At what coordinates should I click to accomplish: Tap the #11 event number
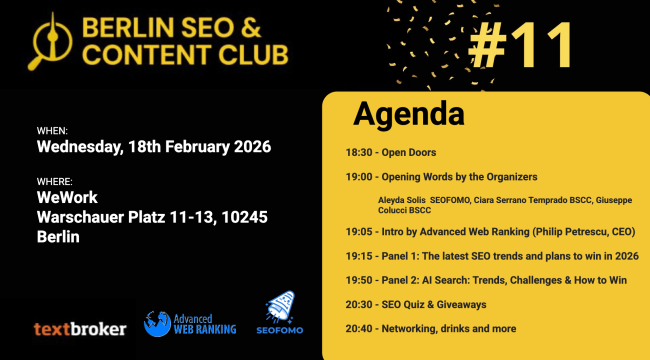[521, 45]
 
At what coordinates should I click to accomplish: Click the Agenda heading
[409, 114]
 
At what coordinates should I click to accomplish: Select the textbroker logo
[80, 329]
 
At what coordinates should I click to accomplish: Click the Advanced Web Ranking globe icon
[157, 324]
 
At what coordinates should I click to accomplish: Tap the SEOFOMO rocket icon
[281, 307]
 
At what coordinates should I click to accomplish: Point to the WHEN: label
[52, 131]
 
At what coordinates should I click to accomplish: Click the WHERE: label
[55, 182]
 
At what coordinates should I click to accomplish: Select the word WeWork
[67, 197]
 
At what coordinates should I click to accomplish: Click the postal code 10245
[244, 217]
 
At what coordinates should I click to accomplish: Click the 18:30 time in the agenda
[359, 153]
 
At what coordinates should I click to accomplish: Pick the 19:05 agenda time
[359, 232]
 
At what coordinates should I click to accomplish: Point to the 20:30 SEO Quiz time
[359, 305]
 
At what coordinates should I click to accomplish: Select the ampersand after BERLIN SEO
[251, 27]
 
